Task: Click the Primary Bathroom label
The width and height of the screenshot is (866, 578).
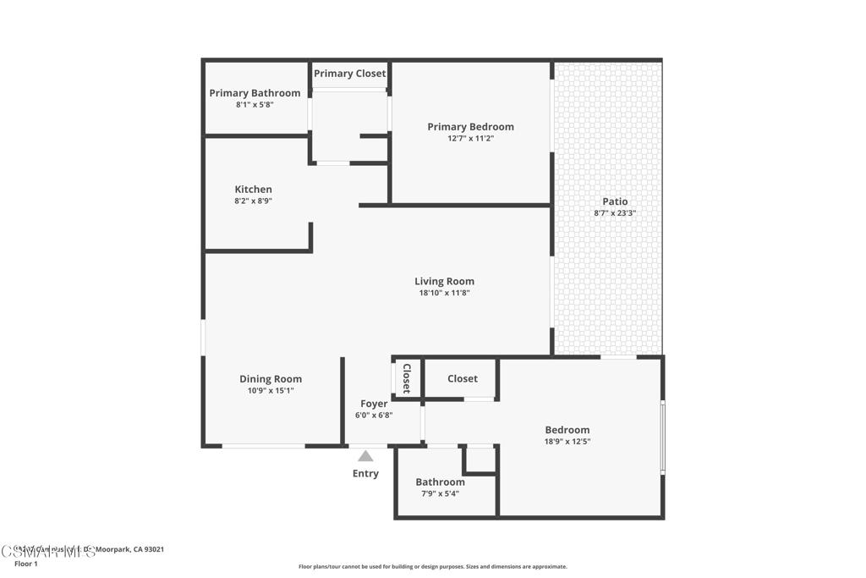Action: [x=255, y=93]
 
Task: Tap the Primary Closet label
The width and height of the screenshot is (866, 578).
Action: [x=349, y=74]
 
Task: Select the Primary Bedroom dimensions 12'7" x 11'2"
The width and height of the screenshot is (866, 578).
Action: [x=470, y=138]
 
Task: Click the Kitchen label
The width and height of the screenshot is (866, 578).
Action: [x=253, y=190]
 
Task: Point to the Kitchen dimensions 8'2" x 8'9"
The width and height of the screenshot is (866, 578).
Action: [x=253, y=201]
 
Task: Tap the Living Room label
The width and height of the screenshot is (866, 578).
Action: [x=444, y=281]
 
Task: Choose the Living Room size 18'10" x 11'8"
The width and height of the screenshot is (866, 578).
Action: [x=444, y=293]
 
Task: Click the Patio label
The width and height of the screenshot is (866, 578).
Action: [x=615, y=201]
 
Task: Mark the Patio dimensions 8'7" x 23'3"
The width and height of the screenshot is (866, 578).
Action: [x=615, y=213]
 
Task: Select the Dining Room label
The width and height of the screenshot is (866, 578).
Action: [x=270, y=379]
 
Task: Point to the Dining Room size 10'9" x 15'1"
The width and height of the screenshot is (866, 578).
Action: [x=270, y=391]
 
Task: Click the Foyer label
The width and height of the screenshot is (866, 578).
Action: [x=374, y=404]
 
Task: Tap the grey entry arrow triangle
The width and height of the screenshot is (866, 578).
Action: [x=365, y=456]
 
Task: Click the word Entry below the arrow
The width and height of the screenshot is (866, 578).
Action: [x=365, y=474]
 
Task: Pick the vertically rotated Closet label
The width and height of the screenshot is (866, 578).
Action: [x=406, y=378]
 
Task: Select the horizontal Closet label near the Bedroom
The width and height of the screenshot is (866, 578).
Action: [x=463, y=379]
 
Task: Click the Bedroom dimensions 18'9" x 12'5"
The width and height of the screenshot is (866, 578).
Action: [x=567, y=442]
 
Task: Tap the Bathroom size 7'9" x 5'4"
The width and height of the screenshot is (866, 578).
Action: [x=440, y=493]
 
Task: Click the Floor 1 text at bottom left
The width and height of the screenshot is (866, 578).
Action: [x=26, y=564]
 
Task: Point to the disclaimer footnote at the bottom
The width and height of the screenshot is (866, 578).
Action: [x=432, y=567]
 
